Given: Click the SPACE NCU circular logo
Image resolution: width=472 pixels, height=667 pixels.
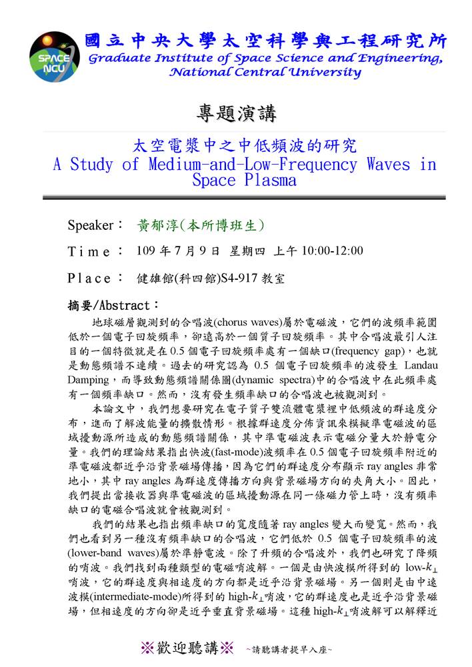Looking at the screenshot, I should [x=53, y=55].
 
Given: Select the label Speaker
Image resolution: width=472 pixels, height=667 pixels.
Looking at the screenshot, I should [x=91, y=225].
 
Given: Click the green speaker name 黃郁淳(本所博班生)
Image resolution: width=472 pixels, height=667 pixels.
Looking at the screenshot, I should [x=200, y=225].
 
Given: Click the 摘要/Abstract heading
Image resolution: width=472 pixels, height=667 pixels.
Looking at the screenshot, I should [x=114, y=305].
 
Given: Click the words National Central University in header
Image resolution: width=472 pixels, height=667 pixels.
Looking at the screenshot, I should [x=265, y=72].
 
